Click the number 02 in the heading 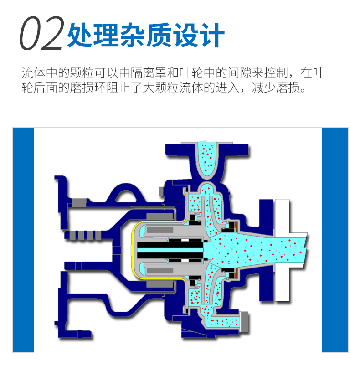pyautogui.click(x=41, y=34)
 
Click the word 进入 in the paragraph pyautogui.click(x=228, y=88)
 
